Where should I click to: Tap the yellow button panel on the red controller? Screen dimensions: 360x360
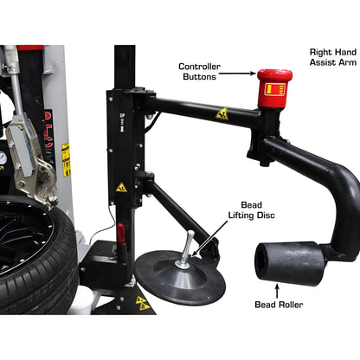(274, 89)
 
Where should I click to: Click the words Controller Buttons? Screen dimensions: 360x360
(199, 71)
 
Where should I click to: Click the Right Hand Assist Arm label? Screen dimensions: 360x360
(333, 57)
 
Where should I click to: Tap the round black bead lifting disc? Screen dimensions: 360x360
(179, 276)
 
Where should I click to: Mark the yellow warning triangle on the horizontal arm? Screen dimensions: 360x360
(222, 113)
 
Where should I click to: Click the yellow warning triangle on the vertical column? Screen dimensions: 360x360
(121, 187)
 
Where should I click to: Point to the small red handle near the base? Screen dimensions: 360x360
(120, 234)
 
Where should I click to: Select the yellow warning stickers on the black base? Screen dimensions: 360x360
(141, 303)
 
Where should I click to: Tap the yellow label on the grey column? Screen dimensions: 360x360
(66, 158)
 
